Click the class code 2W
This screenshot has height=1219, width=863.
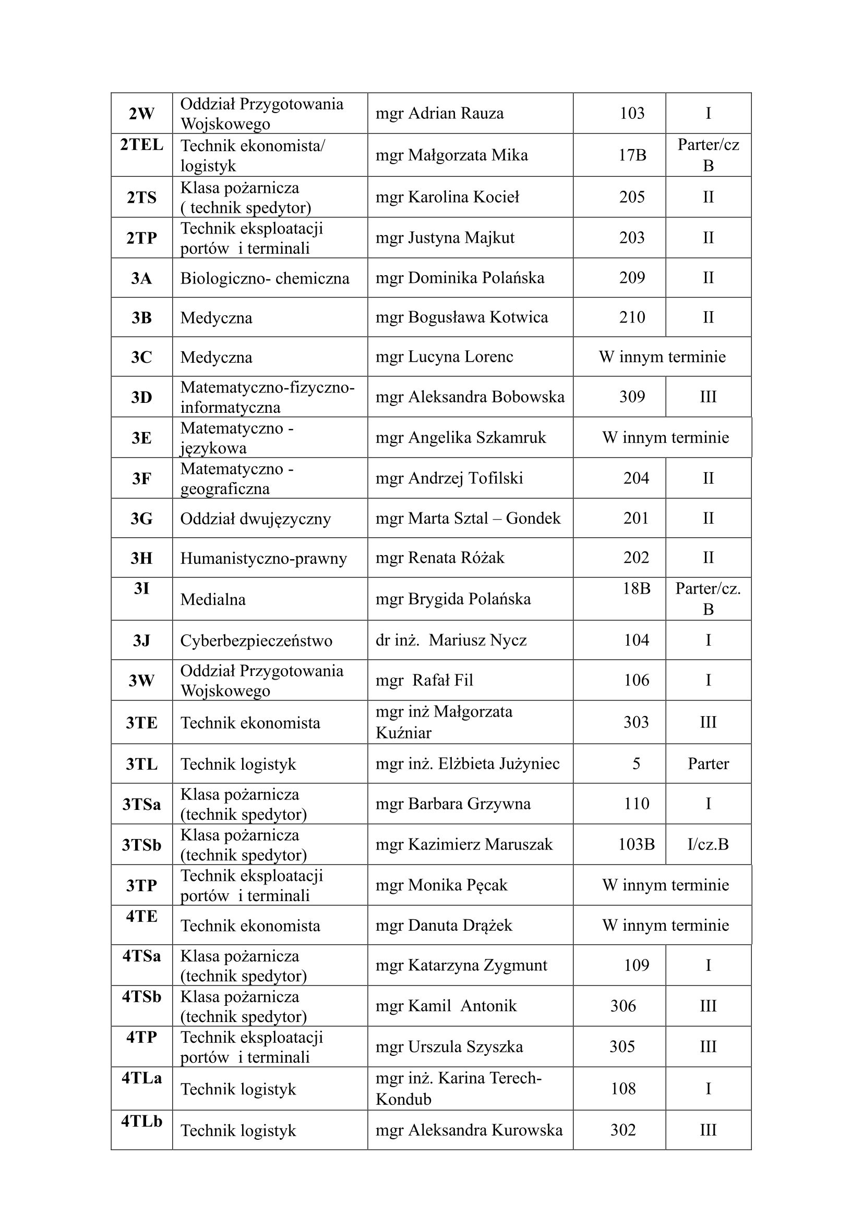(x=141, y=114)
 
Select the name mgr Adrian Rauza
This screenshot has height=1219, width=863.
(x=439, y=114)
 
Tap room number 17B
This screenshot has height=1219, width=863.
(x=632, y=155)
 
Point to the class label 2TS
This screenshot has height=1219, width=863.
(x=141, y=198)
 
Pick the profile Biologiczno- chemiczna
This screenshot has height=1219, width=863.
(x=265, y=278)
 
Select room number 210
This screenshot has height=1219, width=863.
(x=632, y=317)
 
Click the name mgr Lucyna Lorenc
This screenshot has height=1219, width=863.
(x=444, y=357)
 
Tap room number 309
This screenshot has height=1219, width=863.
(x=632, y=397)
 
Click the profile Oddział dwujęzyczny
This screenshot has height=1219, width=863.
(x=256, y=519)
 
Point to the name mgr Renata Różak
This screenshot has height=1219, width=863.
(x=439, y=558)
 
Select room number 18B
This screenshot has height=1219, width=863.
(x=636, y=588)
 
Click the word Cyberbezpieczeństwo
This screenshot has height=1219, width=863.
(x=256, y=641)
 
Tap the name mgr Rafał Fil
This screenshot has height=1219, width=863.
(x=424, y=681)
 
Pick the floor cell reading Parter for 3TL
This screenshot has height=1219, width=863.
(x=708, y=764)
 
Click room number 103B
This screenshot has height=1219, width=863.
(x=636, y=845)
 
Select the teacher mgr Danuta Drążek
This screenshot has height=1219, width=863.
(x=444, y=926)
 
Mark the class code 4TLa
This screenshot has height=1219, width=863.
(x=141, y=1078)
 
